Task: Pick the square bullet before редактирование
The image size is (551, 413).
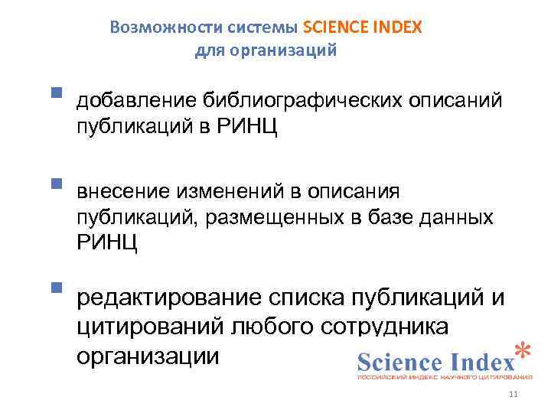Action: [x=55, y=288]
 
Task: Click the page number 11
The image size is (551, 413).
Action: [x=513, y=394]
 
